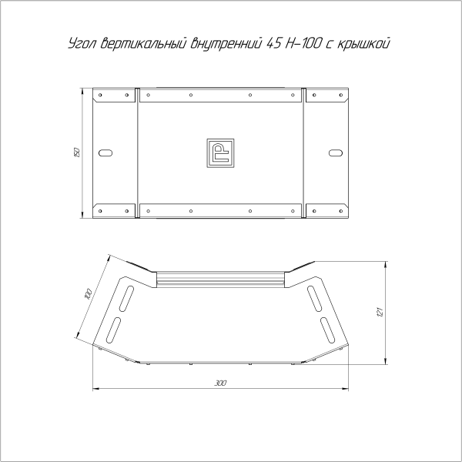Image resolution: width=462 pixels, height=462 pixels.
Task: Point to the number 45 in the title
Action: point(274,44)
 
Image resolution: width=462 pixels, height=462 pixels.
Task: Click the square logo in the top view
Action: point(221,152)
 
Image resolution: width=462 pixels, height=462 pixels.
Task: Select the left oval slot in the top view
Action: point(106,152)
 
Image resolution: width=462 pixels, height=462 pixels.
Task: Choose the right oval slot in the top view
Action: point(335,152)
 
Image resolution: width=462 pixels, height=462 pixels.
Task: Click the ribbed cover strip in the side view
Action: point(221,279)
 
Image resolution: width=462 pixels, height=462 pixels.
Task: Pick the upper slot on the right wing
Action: point(315,296)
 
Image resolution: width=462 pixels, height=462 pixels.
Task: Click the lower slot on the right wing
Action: point(330,329)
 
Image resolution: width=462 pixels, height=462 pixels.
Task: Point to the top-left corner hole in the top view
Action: point(100,96)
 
